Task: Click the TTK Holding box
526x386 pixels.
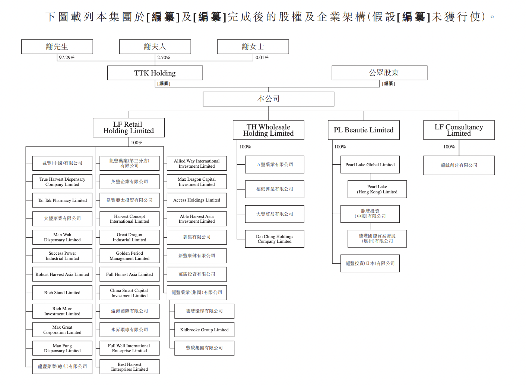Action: coord(155,73)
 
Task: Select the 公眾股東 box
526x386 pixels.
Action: coord(379,73)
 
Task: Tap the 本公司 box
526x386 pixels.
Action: coord(268,99)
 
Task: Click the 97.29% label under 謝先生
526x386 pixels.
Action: coord(67,58)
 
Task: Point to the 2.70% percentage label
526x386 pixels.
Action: coord(164,58)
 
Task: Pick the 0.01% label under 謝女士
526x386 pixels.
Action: coord(262,58)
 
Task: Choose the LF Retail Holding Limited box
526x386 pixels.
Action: coord(129,128)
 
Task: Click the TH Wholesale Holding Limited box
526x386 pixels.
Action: coord(268,130)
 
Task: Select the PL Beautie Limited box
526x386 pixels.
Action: coord(364,130)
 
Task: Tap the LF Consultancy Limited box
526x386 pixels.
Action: coord(459,130)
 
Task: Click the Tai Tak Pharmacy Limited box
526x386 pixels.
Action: coord(62,200)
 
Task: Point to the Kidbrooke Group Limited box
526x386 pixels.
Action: coord(204,330)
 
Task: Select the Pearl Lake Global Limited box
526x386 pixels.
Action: coord(370,165)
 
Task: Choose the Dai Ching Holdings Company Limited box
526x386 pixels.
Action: coord(275,239)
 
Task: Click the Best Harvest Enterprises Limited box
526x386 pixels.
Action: coord(129,367)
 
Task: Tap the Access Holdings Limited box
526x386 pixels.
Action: coord(197,200)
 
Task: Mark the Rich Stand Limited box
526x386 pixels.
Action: coord(62,293)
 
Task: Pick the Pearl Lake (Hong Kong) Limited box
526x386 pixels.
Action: coord(377,189)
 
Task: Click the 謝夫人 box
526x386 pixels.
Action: coord(155,47)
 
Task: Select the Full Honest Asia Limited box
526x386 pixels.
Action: coord(129,274)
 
